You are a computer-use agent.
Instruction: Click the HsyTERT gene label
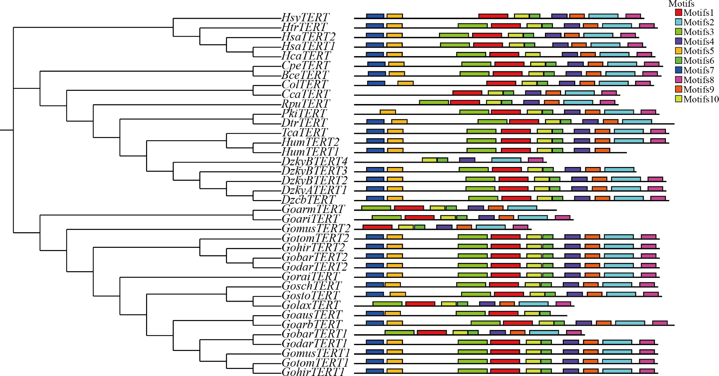pos(305,17)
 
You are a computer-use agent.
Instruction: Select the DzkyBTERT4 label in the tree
pos(314,161)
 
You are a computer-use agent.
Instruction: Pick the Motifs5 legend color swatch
pos(678,51)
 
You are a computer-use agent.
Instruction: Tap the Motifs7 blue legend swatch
pos(678,70)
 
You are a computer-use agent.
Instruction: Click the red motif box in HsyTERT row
pos(493,16)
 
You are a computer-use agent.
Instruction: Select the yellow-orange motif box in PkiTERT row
pos(388,112)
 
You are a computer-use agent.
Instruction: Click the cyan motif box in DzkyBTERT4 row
pos(506,160)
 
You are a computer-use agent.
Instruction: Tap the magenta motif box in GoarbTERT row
pos(660,323)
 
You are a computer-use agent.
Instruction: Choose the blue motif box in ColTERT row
pos(376,83)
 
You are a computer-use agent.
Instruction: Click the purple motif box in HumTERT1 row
pos(582,150)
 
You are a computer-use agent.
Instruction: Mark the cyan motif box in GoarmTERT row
pos(522,208)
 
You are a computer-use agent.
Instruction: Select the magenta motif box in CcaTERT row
pos(609,93)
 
